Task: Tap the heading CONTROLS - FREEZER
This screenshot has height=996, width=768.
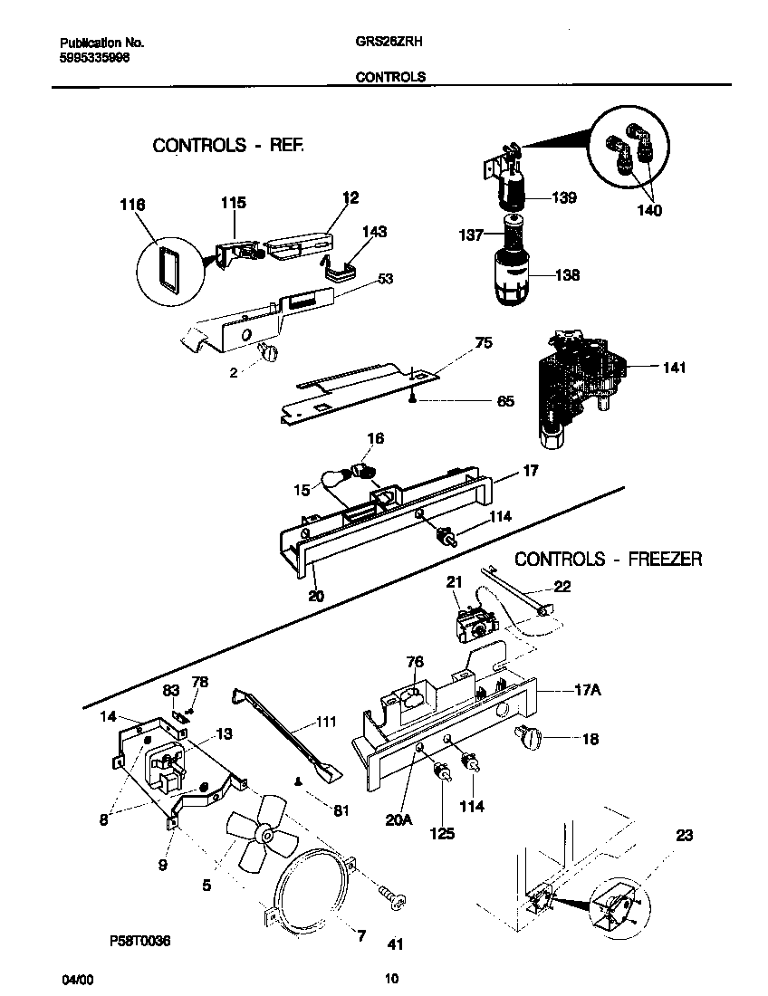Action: (x=608, y=559)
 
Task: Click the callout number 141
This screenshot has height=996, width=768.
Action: (x=674, y=368)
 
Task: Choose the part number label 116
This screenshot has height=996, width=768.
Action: (x=131, y=206)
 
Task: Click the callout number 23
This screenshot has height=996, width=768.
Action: (x=685, y=836)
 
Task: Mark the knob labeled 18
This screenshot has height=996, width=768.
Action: (x=530, y=739)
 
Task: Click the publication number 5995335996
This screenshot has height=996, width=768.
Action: (x=94, y=56)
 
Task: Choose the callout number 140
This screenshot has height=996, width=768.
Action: (x=648, y=211)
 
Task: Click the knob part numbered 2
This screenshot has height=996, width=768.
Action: (x=268, y=354)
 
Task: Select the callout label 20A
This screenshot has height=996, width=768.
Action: (x=399, y=820)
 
